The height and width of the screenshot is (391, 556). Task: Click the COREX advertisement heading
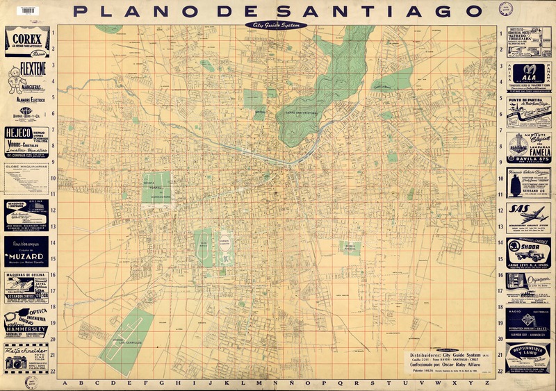tap(26, 38)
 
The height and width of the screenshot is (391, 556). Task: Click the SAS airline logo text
tap(521, 208)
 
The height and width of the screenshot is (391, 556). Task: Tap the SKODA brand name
tap(528, 249)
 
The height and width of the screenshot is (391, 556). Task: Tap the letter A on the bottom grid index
tap(65, 383)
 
